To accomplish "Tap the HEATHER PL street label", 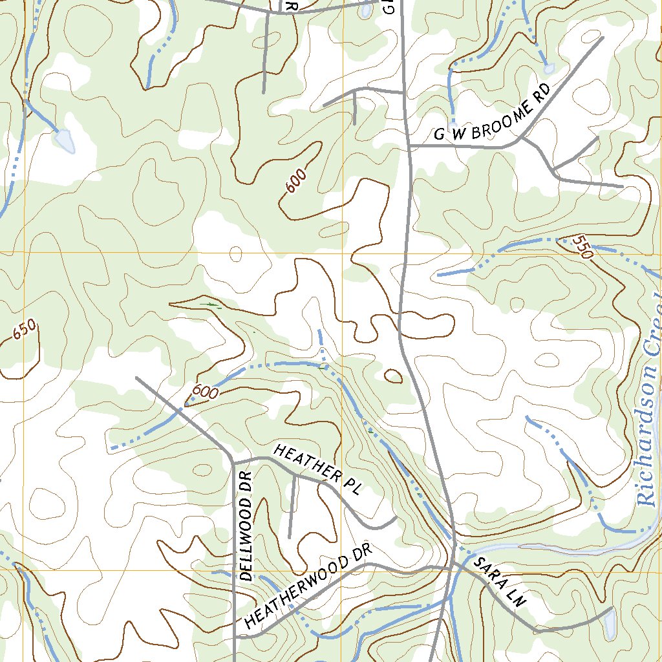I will pos(316,469).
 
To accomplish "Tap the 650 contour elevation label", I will pos(24,331).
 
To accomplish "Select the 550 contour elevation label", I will pos(582,247).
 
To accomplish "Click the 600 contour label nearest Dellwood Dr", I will pos(204,392).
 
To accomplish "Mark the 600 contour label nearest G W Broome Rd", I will pos(295,181).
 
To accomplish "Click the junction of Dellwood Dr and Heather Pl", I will pos(233,461).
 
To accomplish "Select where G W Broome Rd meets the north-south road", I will pos(411,147).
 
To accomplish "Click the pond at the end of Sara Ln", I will pos(610,622).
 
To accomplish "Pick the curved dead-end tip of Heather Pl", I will pos(395,518).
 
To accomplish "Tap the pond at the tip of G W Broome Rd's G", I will pos(453,125).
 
